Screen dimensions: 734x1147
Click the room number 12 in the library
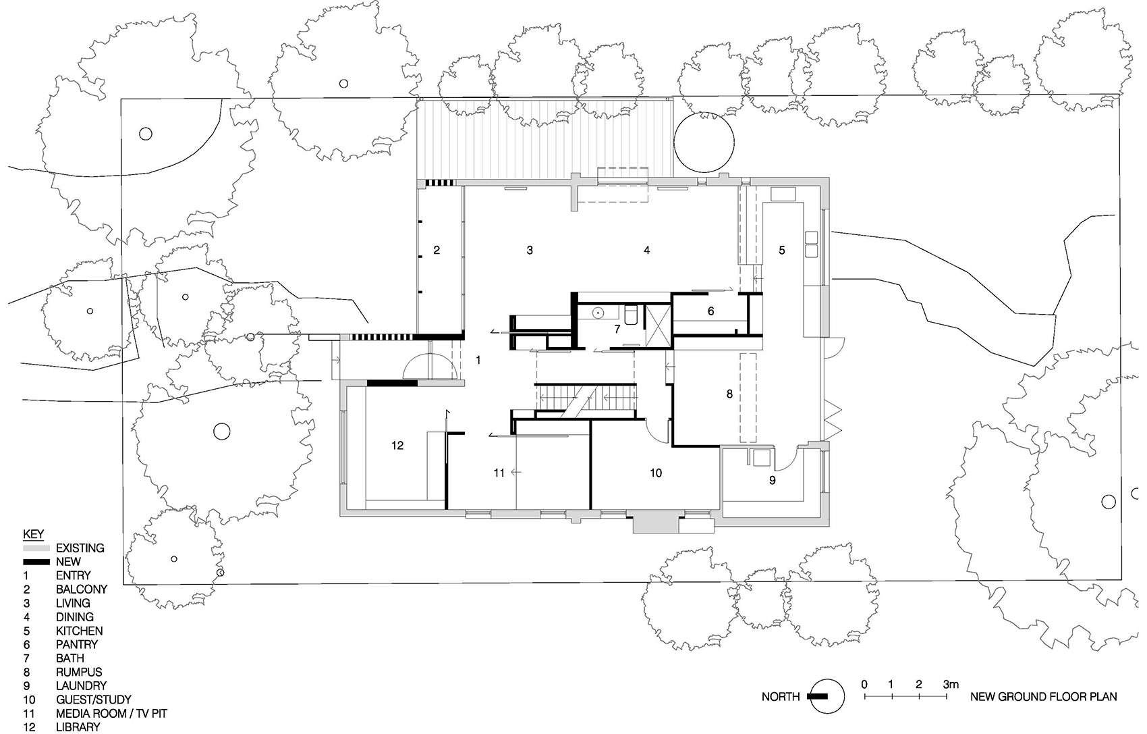(x=397, y=446)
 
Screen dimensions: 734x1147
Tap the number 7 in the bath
(x=617, y=330)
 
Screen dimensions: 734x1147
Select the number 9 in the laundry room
(x=773, y=480)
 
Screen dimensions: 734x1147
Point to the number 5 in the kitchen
(x=782, y=251)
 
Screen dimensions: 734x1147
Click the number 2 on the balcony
(x=437, y=251)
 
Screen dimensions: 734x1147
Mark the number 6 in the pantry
(x=710, y=312)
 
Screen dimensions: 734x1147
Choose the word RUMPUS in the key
(x=79, y=672)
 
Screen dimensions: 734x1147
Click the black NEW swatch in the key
(x=36, y=562)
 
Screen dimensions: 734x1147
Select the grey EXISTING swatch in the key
(x=36, y=548)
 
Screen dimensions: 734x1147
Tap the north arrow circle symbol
(x=827, y=696)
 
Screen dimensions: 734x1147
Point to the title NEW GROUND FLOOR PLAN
(x=1043, y=697)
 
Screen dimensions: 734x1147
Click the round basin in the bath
(x=598, y=313)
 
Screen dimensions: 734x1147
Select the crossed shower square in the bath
(x=659, y=327)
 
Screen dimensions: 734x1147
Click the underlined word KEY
(x=33, y=534)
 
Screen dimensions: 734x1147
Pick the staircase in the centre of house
(x=586, y=397)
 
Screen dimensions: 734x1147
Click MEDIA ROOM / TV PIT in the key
(x=111, y=713)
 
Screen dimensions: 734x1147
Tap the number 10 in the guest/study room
(x=656, y=473)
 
